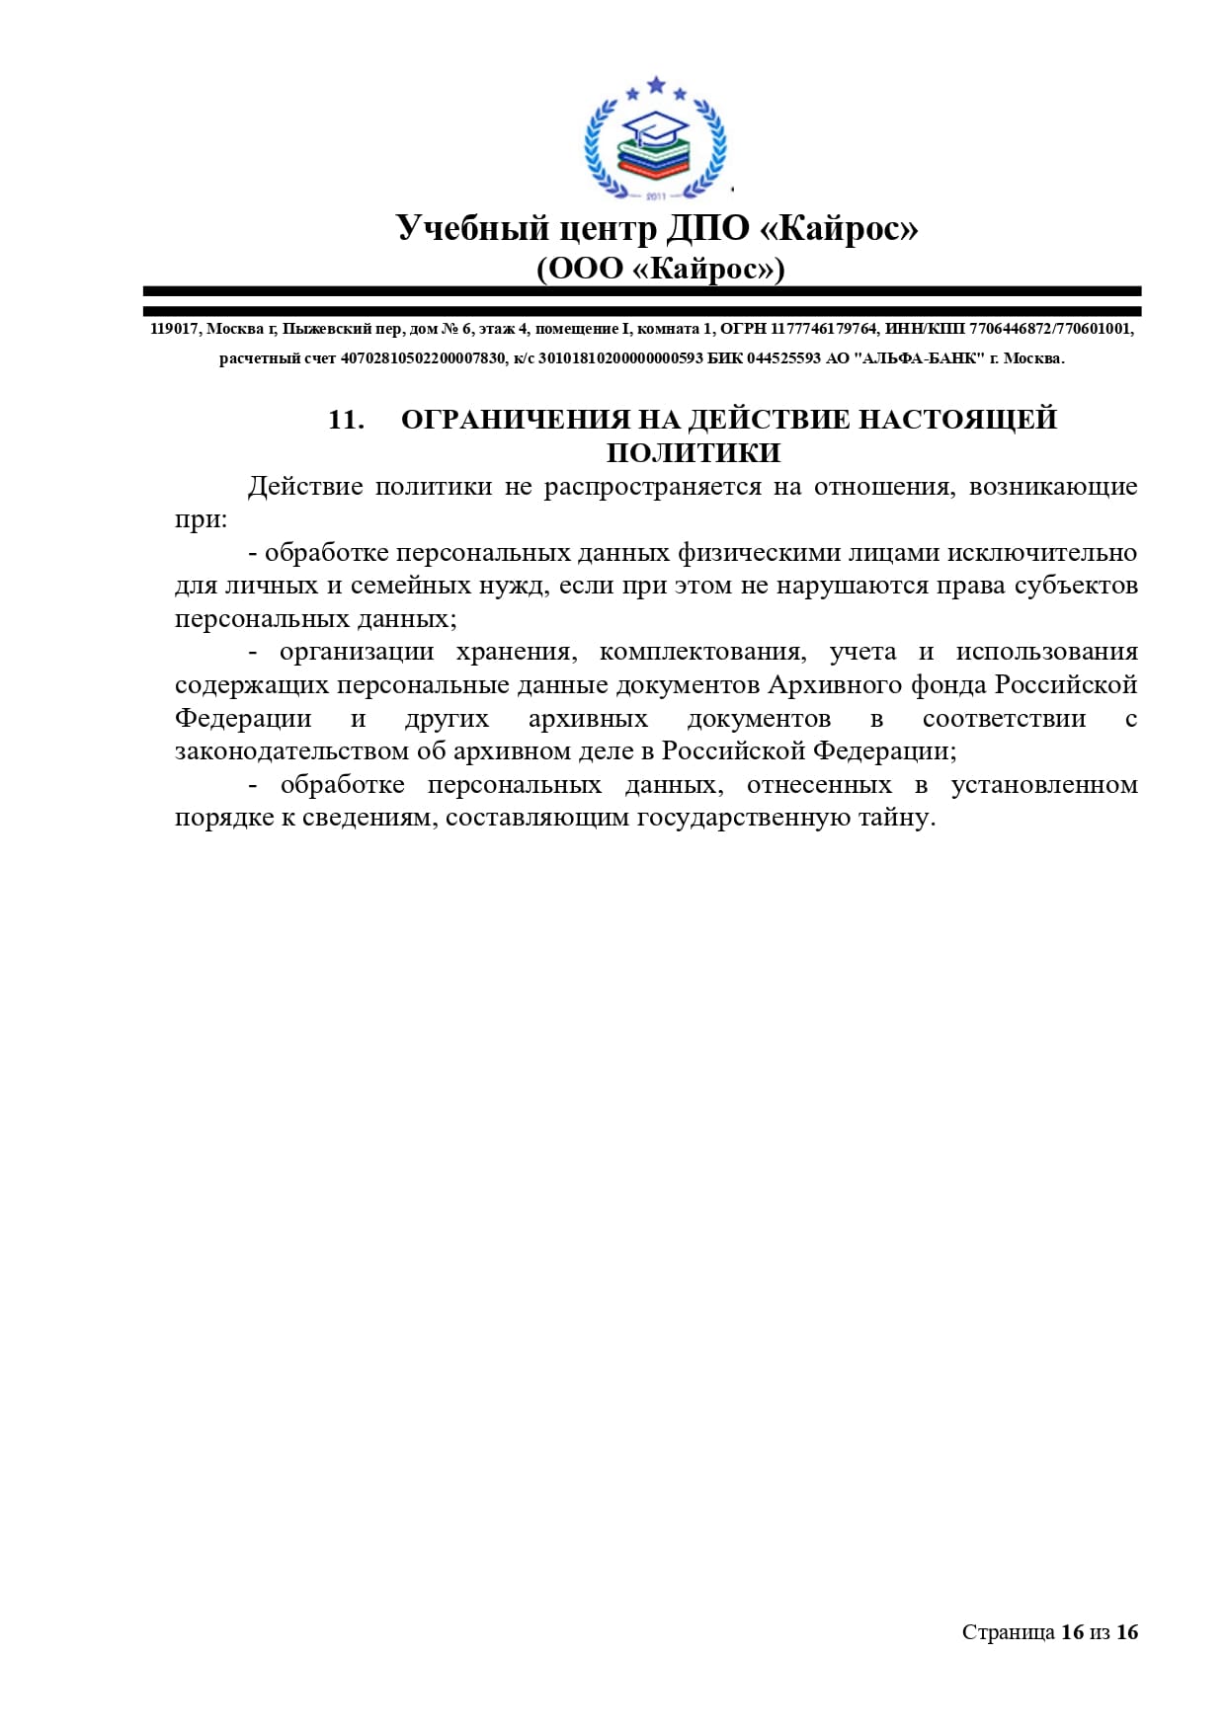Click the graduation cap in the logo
pyautogui.click(x=653, y=126)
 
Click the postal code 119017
pyautogui.click(x=174, y=329)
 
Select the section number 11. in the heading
pyautogui.click(x=346, y=420)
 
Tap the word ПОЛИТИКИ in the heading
pyautogui.click(x=694, y=453)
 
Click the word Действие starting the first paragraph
pyautogui.click(x=305, y=487)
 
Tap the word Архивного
pyautogui.click(x=828, y=685)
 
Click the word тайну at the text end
pyautogui.click(x=899, y=818)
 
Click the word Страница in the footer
pyautogui.click(x=1008, y=1632)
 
